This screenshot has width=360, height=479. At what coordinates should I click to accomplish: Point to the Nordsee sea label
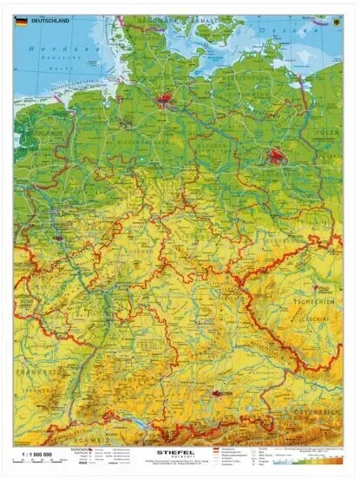[45, 49]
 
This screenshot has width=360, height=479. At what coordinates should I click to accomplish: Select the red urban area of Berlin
[276, 157]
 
